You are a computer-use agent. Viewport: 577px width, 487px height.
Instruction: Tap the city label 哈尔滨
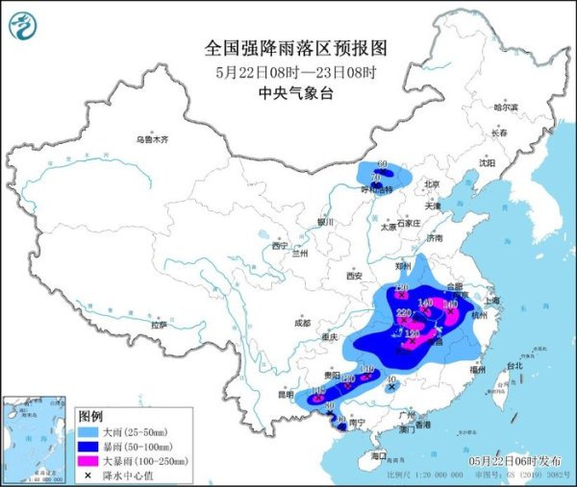click(506, 108)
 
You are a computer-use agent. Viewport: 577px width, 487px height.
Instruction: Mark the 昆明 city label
click(286, 395)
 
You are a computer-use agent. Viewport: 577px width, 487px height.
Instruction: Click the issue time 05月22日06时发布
click(524, 464)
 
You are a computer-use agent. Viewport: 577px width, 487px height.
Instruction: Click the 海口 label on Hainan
click(380, 455)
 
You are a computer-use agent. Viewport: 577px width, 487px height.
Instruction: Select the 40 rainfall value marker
click(389, 381)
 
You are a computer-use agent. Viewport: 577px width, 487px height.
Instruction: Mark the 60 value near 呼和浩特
click(382, 165)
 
